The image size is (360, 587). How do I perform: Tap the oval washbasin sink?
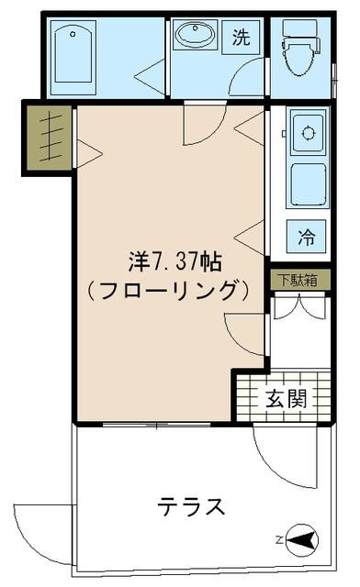point(195,37)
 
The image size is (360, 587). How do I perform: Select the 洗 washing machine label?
point(241,38)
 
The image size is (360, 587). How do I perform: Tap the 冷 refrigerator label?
point(306,237)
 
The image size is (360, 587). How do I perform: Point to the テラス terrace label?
point(191,505)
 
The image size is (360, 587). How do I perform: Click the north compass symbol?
point(303,538)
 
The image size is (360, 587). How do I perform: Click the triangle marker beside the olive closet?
point(87,152)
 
